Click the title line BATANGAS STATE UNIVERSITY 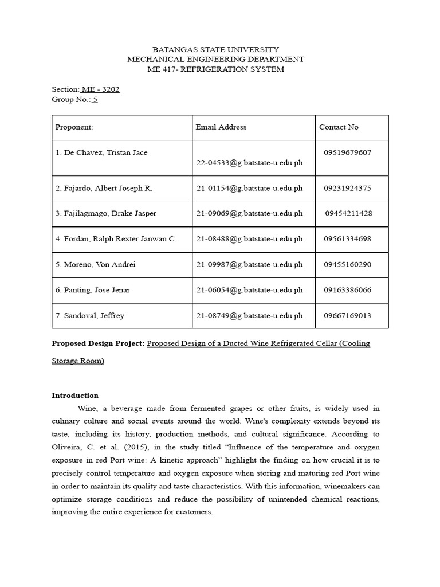[215, 50]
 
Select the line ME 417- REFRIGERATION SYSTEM [215, 69]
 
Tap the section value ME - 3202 [100, 89]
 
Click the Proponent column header [74, 127]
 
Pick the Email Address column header [221, 127]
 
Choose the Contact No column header [339, 127]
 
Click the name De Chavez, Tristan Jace [101, 152]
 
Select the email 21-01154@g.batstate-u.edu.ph [249, 188]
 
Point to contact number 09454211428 [348, 213]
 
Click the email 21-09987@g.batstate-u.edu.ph [249, 265]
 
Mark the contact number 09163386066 [347, 290]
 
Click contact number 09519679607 [347, 152]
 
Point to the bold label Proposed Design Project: [98, 343]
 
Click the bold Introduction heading [75, 396]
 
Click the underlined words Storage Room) [78, 361]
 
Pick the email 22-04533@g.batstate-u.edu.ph [249, 163]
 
